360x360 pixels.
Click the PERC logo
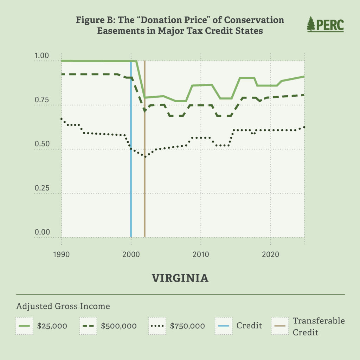click(325, 24)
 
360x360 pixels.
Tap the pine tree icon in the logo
click(311, 24)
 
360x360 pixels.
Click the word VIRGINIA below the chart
click(180, 278)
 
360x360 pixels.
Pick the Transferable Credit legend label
click(319, 326)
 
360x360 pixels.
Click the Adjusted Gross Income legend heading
click(63, 306)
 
